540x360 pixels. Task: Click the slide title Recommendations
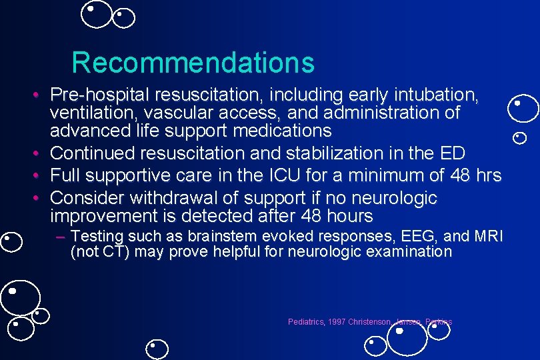coord(193,63)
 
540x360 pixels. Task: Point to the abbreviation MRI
coord(488,236)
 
